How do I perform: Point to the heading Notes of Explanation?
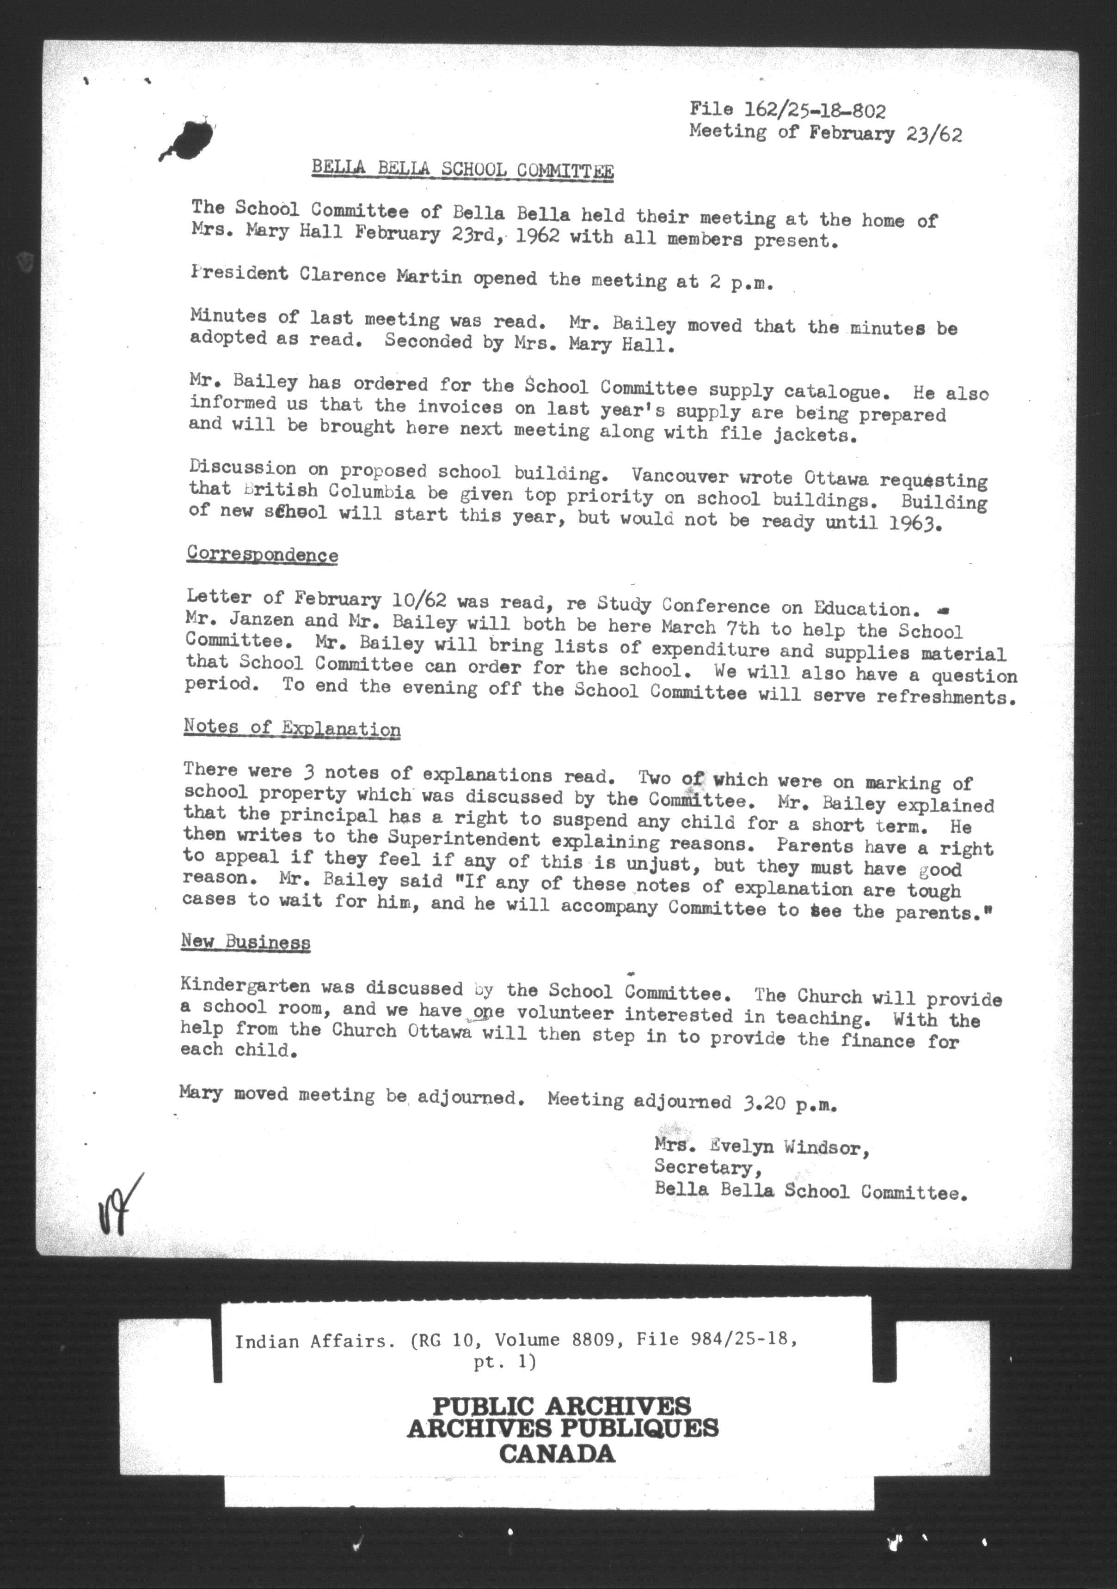click(x=292, y=728)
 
